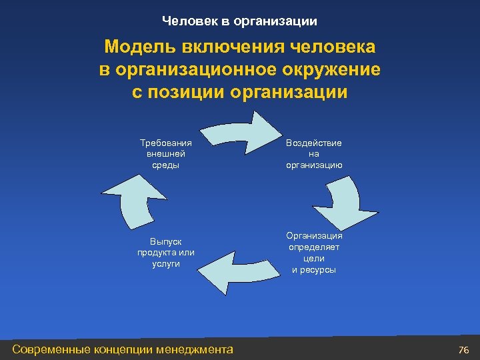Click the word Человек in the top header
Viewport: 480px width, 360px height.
point(189,21)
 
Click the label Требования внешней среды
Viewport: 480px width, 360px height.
point(165,153)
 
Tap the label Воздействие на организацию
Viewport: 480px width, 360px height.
point(314,153)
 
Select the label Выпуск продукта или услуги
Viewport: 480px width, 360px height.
point(165,252)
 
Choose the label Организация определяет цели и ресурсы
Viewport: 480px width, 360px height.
point(314,252)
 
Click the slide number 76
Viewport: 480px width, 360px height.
point(464,350)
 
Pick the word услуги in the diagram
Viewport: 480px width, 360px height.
point(165,264)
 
